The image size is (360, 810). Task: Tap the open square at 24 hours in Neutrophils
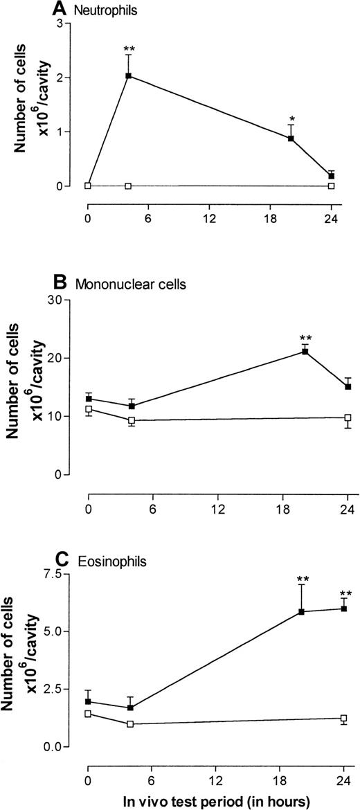click(x=331, y=186)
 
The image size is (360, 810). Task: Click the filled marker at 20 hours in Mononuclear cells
click(x=305, y=352)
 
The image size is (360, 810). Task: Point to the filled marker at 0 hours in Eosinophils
click(x=89, y=701)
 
